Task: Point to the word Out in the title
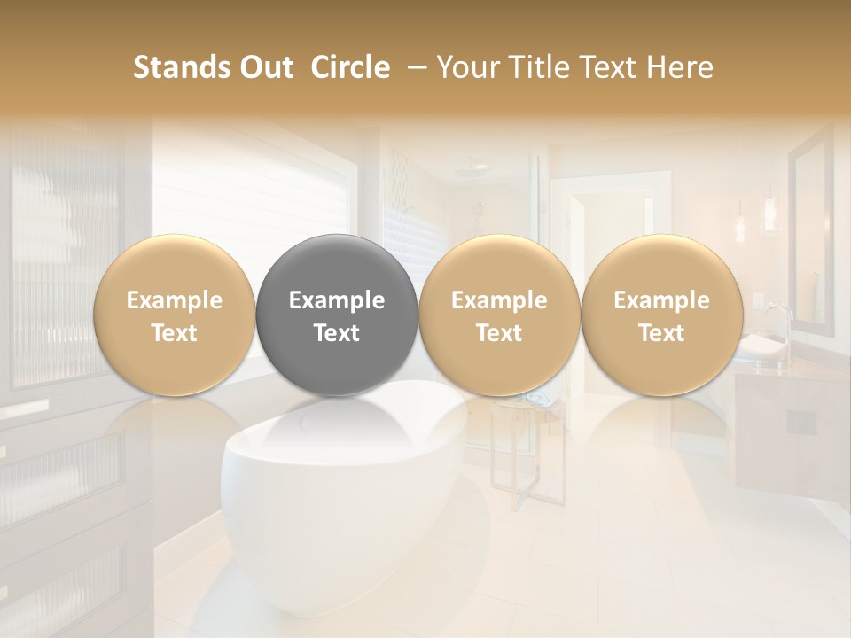click(x=264, y=67)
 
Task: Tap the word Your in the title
click(x=466, y=67)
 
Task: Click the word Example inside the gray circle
click(x=337, y=301)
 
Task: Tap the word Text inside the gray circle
click(x=337, y=333)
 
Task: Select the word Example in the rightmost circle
click(x=661, y=301)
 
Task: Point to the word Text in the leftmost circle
click(x=175, y=333)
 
